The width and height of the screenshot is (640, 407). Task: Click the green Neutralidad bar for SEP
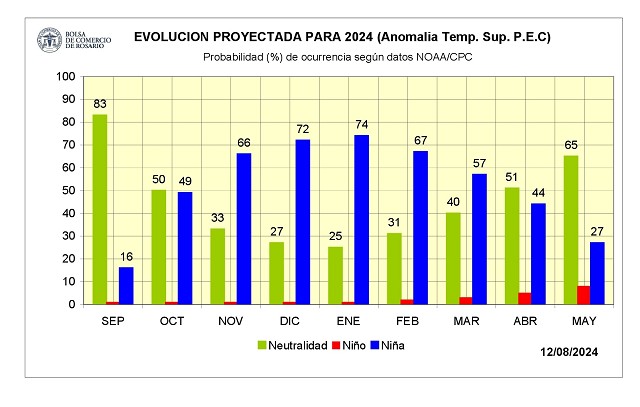[x=100, y=209]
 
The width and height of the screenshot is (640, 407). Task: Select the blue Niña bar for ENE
[x=361, y=219]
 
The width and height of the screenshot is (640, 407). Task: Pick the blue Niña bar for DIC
[x=302, y=221]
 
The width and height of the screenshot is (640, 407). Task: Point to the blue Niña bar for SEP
[x=126, y=285]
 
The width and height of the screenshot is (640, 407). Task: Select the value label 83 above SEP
[x=100, y=104]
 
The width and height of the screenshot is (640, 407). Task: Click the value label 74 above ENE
[x=361, y=125]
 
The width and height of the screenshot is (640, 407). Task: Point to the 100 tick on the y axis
[x=65, y=76]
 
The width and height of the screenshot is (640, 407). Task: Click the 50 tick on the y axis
[x=68, y=190]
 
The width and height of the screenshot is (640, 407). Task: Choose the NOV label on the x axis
[x=230, y=320]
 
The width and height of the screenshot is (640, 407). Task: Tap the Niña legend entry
[x=393, y=345]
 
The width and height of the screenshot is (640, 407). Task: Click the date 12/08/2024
[x=570, y=352]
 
